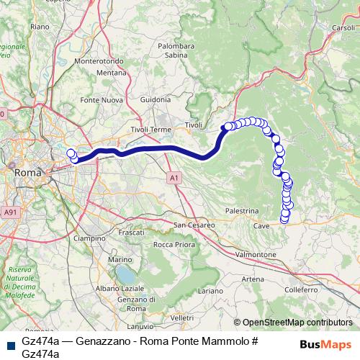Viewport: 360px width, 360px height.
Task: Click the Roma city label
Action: tap(28, 173)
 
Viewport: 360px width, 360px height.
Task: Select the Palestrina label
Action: tap(242, 211)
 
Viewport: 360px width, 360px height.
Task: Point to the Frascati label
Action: tap(132, 234)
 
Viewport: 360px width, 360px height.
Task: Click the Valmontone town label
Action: tap(256, 255)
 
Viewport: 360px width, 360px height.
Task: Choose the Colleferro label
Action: tap(300, 289)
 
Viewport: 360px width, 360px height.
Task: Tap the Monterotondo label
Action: tap(99, 62)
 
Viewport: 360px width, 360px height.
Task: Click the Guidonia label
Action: tap(156, 99)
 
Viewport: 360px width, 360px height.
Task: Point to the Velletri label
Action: tap(182, 318)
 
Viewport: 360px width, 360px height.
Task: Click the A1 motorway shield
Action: tap(174, 176)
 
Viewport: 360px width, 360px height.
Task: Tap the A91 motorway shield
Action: tap(10, 212)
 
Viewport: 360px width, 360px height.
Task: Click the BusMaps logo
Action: tap(325, 344)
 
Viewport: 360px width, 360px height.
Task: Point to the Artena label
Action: tap(253, 279)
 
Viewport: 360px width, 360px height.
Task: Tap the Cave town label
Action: tap(261, 226)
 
